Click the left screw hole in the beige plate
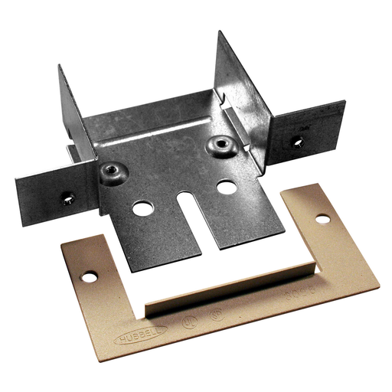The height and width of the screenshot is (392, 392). coord(90,276)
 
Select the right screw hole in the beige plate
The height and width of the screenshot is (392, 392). coord(322,219)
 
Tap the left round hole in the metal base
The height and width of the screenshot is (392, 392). coord(142,207)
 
